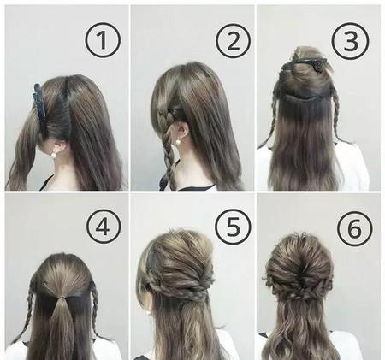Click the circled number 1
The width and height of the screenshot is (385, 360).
103,40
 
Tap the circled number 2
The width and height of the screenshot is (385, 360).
234,41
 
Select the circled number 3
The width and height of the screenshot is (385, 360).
351,41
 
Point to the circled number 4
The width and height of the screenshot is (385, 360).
104,227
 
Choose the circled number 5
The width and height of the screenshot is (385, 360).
233,227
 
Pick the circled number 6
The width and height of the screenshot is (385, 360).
354,229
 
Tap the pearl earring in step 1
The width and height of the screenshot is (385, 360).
53,155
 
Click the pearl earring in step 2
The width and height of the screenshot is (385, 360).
179,142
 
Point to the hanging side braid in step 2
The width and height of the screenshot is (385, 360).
169,151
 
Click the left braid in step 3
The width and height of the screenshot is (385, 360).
271,114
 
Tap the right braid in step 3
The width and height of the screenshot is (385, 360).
336,114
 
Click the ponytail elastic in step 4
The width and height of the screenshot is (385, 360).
60,298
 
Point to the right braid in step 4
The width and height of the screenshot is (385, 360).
95,308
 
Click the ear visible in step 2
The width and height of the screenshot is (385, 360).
184,131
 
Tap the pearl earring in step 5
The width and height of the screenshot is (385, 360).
148,313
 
